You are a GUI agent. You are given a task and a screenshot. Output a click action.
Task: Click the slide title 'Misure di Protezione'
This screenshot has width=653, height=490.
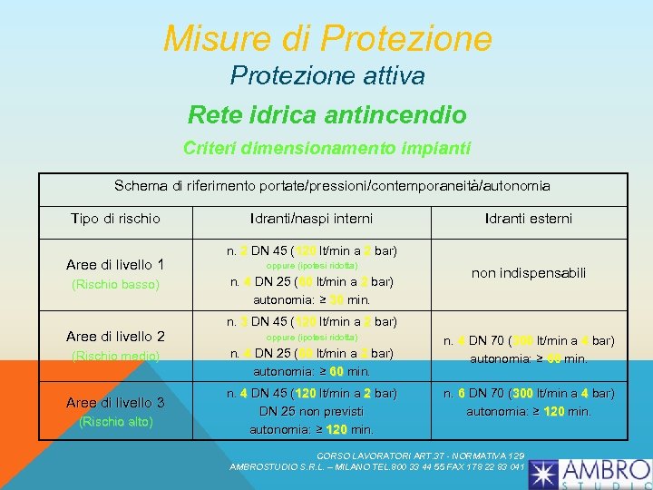327,38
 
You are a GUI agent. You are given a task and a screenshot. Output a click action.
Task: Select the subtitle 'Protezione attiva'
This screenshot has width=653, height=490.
327,75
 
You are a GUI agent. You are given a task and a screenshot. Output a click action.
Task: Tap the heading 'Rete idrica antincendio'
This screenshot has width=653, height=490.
327,115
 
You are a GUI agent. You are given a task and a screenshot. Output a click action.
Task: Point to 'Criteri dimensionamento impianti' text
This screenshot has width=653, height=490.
327,147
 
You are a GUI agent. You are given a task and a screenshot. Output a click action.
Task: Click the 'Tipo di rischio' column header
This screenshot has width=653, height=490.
115,219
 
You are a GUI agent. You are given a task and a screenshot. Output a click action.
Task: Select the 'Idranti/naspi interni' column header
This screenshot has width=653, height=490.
312,219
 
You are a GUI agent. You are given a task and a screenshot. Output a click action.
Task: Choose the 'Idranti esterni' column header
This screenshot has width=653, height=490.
529,219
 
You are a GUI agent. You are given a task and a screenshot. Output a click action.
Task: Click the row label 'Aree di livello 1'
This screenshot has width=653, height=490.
115,265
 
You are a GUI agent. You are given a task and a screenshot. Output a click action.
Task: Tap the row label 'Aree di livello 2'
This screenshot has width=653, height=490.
115,337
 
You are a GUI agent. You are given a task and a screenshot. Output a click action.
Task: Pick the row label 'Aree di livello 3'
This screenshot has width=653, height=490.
115,402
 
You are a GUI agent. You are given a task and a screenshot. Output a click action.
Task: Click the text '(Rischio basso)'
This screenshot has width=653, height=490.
115,285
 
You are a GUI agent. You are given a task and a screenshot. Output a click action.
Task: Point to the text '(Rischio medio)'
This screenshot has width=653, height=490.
115,357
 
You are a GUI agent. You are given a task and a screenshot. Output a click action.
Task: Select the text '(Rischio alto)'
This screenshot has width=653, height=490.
115,421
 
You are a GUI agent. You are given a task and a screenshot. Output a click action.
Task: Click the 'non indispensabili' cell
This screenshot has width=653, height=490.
529,273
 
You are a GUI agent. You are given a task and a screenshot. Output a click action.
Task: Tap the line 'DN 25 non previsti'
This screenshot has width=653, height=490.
312,411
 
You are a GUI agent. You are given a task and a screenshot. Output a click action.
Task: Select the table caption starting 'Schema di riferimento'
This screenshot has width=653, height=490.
332,186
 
